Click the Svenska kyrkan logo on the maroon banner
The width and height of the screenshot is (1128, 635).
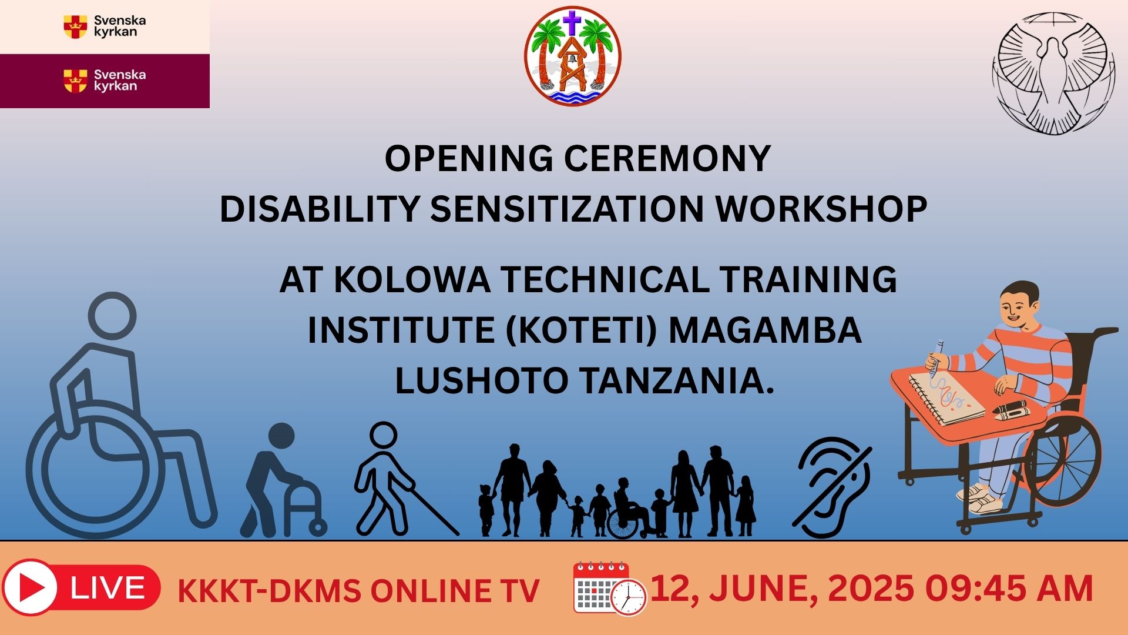[105, 81]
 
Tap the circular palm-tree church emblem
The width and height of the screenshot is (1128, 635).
[572, 56]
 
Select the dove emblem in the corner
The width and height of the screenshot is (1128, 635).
[1053, 73]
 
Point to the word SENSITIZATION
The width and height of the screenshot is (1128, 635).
[567, 209]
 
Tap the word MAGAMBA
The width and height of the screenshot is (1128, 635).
[765, 330]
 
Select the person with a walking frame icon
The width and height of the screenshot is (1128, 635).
[282, 479]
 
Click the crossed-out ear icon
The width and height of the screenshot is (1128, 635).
[832, 487]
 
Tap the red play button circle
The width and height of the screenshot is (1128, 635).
[29, 587]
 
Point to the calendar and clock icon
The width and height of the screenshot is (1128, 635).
[609, 588]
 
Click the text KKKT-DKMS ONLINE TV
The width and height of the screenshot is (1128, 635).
[358, 591]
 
